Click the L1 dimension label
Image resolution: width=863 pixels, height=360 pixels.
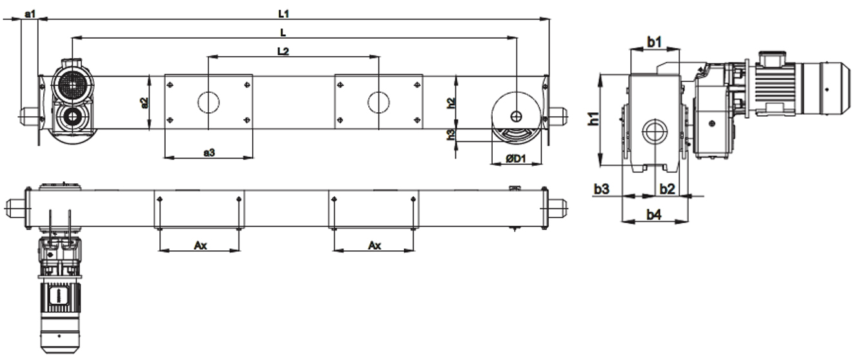click(x=284, y=14)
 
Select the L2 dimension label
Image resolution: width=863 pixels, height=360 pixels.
click(x=283, y=51)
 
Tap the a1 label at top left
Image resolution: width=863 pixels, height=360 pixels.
click(x=30, y=14)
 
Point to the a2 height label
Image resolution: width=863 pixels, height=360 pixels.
click(x=144, y=103)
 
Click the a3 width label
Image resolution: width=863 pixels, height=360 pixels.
click(x=209, y=153)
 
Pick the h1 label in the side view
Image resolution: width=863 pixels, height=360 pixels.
click(x=594, y=118)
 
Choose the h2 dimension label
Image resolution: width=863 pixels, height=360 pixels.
click(x=451, y=103)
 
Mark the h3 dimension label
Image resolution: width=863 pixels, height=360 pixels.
click(x=451, y=135)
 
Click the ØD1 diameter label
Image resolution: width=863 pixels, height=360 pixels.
click(x=516, y=159)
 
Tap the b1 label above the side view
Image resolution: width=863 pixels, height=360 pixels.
click(x=654, y=42)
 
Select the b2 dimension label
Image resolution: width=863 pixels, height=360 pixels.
click(x=668, y=189)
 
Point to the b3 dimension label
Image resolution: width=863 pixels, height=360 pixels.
click(x=601, y=189)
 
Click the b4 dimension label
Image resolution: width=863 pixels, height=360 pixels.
click(x=654, y=215)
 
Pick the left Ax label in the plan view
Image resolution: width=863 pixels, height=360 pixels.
click(x=201, y=246)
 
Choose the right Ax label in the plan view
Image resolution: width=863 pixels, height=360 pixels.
click(x=375, y=246)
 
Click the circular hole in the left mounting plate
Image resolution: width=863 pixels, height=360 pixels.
click(x=208, y=103)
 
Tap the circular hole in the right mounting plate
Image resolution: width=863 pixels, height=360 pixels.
click(x=379, y=103)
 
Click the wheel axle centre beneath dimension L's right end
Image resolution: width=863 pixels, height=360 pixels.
click(x=516, y=116)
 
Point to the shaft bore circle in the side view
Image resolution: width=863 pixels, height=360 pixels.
click(x=655, y=132)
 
